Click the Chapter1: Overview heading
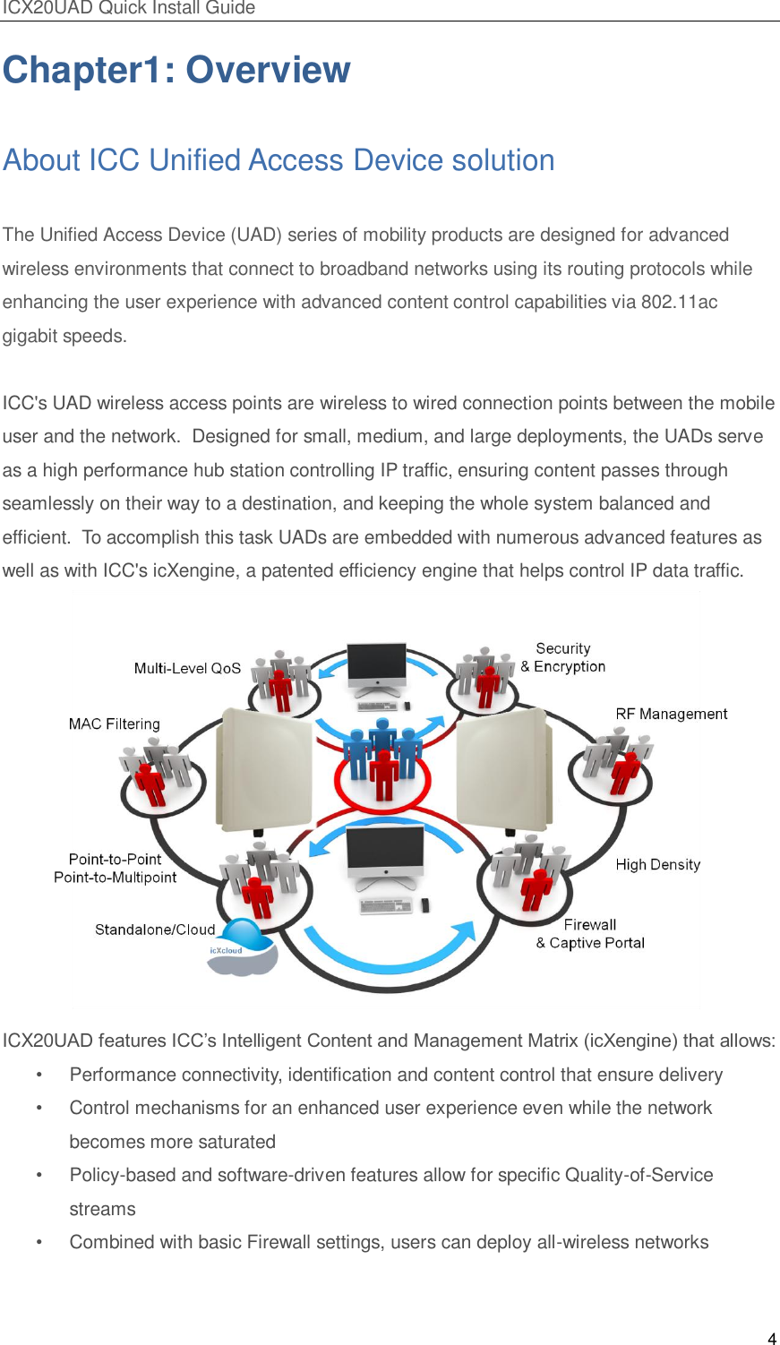pyautogui.click(x=176, y=70)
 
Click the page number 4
pyautogui.click(x=771, y=1339)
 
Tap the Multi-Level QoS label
pyautogui.click(x=187, y=668)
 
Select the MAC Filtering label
pyautogui.click(x=114, y=724)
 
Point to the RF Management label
pyautogui.click(x=671, y=714)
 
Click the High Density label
pyautogui.click(x=657, y=864)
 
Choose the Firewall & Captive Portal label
pyautogui.click(x=590, y=934)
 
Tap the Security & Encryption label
pyautogui.click(x=563, y=657)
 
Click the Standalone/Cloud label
pyautogui.click(x=155, y=930)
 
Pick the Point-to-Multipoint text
pyautogui.click(x=115, y=878)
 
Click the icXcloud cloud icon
pyautogui.click(x=242, y=948)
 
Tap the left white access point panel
pyautogui.click(x=265, y=768)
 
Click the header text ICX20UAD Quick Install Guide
pyautogui.click(x=128, y=8)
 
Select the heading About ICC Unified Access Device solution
pyautogui.click(x=279, y=160)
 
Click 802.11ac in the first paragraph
pyautogui.click(x=679, y=302)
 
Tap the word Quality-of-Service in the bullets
pyautogui.click(x=639, y=1175)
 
